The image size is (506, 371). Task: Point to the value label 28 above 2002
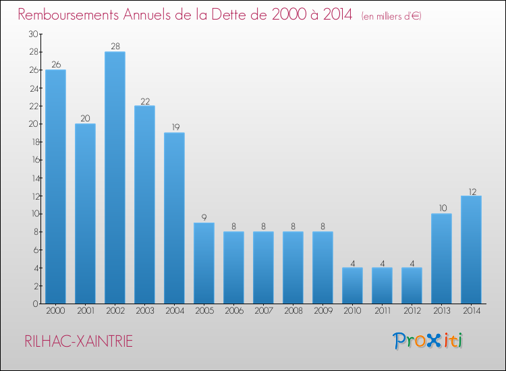115,47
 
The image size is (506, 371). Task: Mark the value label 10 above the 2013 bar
441,209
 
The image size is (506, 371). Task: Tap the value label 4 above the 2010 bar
352,263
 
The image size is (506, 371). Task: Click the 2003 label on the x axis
144,311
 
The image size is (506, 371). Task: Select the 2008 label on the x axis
293,311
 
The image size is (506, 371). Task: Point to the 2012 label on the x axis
412,311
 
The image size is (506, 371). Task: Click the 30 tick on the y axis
33,34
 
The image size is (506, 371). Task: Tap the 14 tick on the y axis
33,178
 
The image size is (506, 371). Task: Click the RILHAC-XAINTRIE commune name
78,341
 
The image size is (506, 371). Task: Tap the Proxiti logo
428,341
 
